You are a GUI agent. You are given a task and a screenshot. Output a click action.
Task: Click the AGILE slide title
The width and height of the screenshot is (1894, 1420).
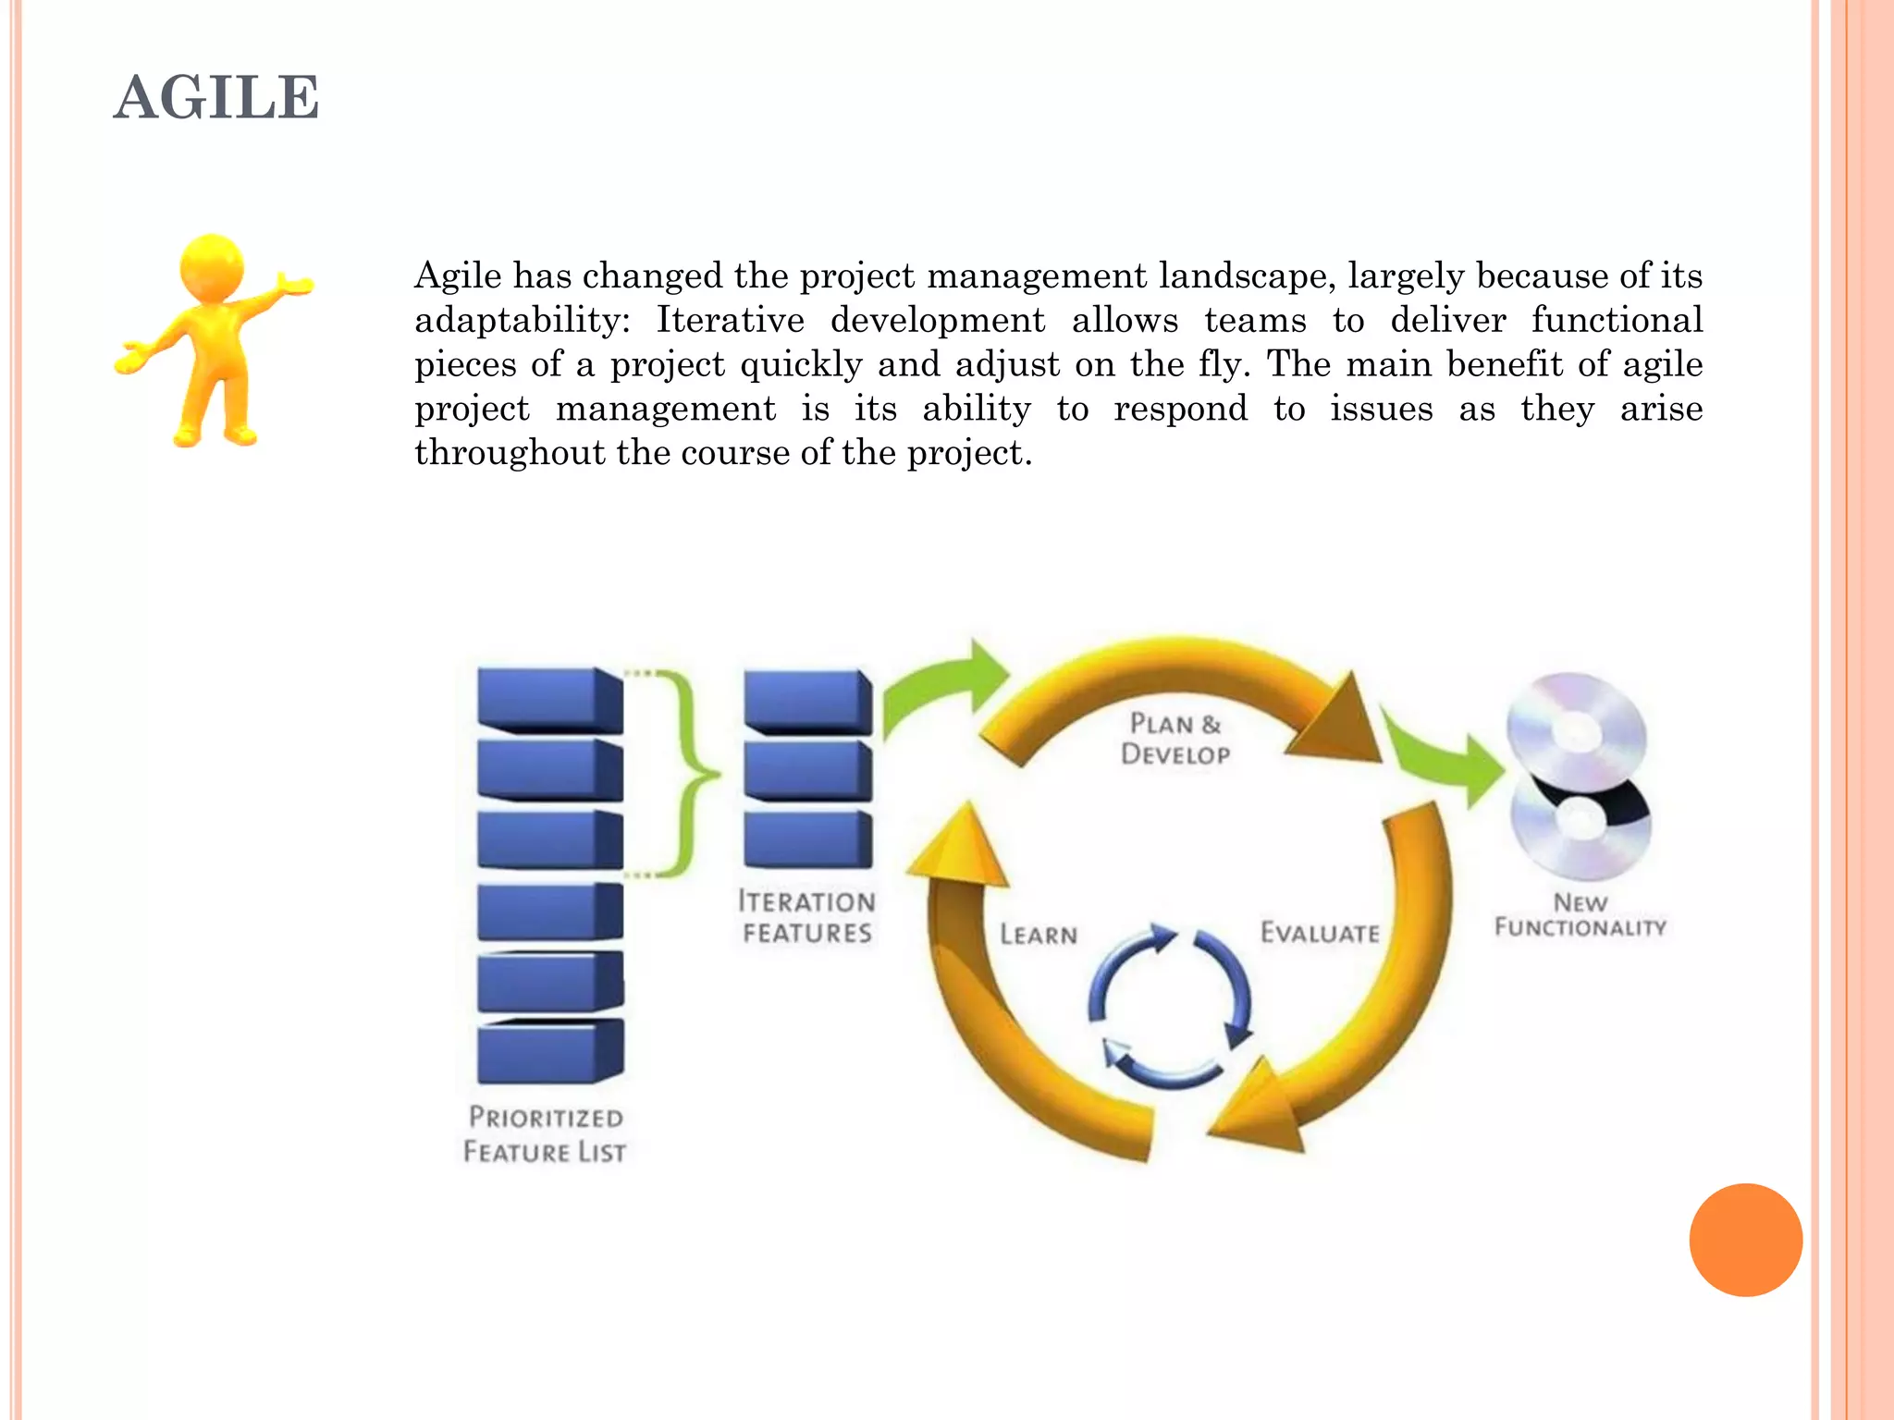coord(216,98)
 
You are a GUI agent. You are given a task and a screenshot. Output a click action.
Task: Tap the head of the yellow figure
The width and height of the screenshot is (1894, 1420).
coord(212,267)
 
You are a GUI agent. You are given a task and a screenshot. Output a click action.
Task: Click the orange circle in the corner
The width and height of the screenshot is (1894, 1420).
coord(1745,1240)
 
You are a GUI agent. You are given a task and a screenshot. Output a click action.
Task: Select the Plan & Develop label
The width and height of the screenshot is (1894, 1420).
coord(1175,739)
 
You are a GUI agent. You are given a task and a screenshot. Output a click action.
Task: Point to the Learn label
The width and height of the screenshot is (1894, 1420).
coord(1039,935)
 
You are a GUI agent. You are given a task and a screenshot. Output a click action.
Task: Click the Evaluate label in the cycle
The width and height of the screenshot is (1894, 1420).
coord(1320,933)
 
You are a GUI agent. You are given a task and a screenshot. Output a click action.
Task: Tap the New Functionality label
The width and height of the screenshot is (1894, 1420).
coord(1580,914)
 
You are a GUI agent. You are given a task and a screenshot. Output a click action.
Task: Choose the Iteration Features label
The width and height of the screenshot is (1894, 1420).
coord(806,916)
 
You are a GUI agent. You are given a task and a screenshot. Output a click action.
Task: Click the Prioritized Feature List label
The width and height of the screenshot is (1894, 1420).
coord(545,1134)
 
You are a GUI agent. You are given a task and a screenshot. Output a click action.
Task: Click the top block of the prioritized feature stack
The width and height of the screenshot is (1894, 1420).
coord(549,700)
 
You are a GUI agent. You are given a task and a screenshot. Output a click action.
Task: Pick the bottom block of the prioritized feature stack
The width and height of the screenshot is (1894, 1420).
coord(549,1051)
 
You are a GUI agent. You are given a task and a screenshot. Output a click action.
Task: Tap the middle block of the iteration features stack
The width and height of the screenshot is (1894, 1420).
coord(807,770)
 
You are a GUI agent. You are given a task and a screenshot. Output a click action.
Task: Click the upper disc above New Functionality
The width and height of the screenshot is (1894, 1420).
coord(1577,730)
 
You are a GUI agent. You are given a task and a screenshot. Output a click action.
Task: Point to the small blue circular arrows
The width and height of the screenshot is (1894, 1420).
coord(1170,1006)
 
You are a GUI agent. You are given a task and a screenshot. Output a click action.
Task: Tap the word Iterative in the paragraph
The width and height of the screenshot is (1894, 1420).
coord(730,320)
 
